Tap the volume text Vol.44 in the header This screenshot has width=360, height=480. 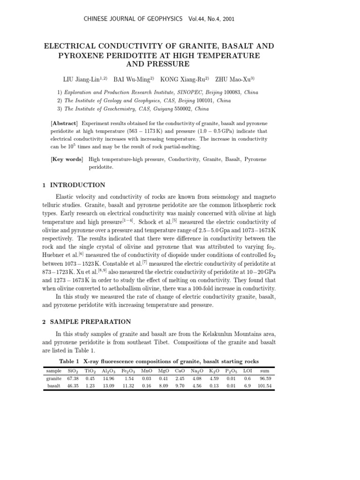(196, 19)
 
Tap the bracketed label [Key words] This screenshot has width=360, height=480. (67, 159)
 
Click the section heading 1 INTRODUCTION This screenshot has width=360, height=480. (74, 185)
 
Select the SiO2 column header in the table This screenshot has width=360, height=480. (73, 371)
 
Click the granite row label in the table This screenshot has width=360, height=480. (54, 378)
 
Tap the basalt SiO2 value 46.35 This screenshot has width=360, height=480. (73, 386)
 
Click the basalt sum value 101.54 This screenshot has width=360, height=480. (264, 386)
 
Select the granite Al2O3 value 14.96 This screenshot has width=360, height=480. (108, 378)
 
